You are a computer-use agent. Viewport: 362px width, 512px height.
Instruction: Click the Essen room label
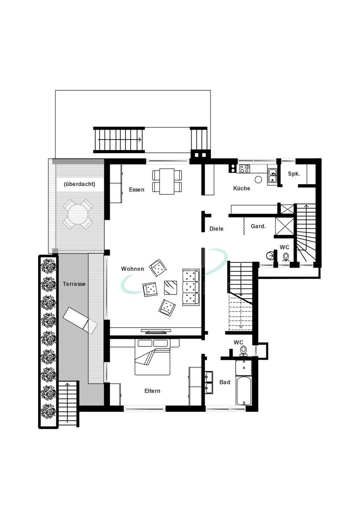point(137,189)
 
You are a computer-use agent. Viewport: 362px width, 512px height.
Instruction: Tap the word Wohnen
point(132,269)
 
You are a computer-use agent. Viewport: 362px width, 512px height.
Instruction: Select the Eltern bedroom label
point(152,391)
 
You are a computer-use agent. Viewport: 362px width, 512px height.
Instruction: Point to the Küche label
point(242,188)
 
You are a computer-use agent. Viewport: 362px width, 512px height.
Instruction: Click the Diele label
point(216,229)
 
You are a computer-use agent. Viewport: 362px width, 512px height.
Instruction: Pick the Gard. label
point(258,226)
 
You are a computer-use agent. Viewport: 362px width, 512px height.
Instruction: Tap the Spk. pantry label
point(294,174)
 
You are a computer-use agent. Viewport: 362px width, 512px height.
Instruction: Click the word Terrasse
point(74,284)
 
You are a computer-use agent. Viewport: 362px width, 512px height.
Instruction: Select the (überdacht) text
point(79,184)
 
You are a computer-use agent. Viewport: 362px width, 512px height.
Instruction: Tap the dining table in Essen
point(167,181)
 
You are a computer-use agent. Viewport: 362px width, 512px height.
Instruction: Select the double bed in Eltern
point(152,357)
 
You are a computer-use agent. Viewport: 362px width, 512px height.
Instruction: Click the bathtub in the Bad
point(244,390)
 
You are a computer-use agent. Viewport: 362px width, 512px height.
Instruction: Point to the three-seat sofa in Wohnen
point(191,287)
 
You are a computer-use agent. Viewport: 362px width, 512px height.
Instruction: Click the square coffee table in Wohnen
point(171,287)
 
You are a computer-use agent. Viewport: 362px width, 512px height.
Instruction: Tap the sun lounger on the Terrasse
point(80,320)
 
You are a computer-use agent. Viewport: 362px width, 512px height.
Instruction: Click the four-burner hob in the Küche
point(244,169)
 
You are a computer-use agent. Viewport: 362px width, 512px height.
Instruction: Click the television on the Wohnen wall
point(156,331)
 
